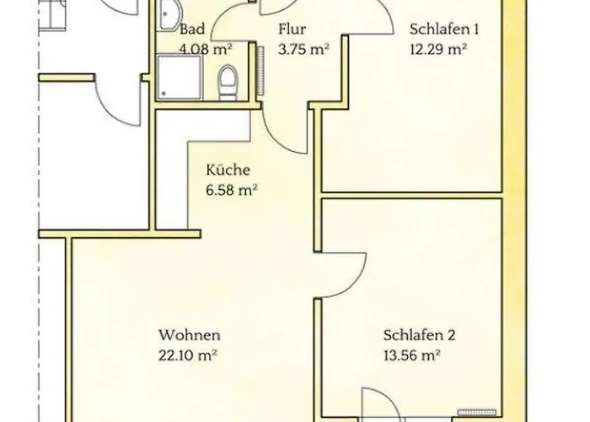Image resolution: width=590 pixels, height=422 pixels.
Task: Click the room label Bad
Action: click(192, 29)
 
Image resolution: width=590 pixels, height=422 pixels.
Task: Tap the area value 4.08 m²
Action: click(206, 49)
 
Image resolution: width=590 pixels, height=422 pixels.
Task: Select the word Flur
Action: click(292, 29)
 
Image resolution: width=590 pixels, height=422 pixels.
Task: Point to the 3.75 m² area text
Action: click(304, 49)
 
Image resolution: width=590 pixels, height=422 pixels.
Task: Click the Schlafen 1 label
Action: click(444, 29)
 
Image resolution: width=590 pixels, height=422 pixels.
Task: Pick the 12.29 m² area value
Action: click(439, 49)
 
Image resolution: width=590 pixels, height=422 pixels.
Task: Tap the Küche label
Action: click(228, 170)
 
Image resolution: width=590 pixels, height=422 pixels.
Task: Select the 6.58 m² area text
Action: click(232, 190)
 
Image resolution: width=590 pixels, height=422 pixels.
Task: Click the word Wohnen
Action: click(190, 335)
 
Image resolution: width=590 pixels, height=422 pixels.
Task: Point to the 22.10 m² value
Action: click(187, 355)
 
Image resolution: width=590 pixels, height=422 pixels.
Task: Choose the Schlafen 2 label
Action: click(419, 335)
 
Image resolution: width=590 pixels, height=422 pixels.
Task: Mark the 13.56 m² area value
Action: click(412, 355)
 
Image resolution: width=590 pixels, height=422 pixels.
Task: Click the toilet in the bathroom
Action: click(228, 83)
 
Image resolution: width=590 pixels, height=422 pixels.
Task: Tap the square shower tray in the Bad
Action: click(180, 78)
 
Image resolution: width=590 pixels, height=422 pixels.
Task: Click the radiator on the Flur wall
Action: click(260, 71)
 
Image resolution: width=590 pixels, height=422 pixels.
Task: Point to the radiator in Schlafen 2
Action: click(477, 412)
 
